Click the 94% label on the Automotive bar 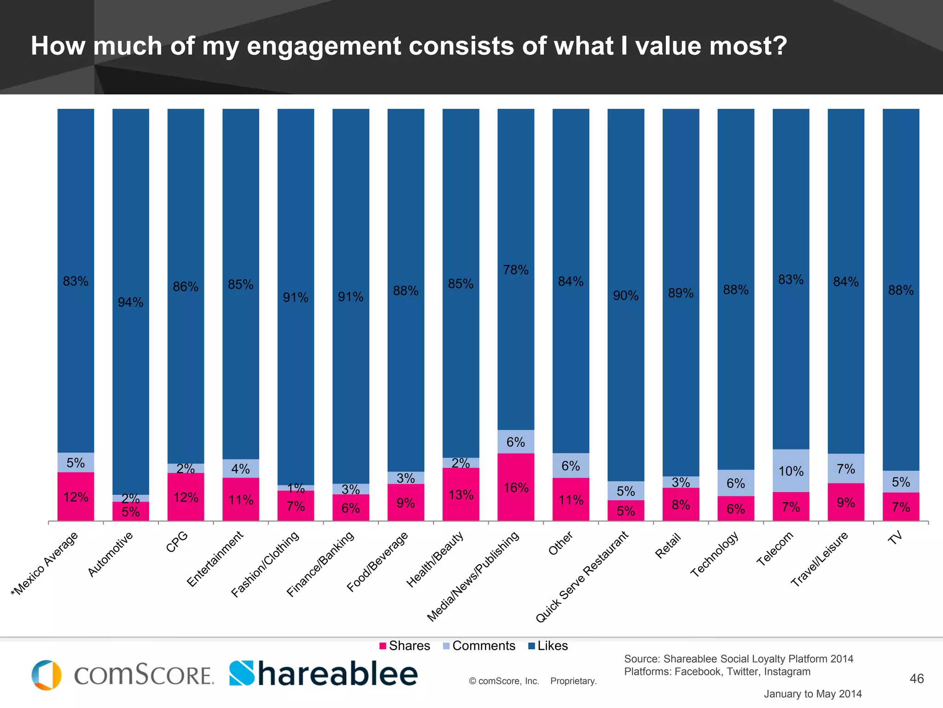(130, 302)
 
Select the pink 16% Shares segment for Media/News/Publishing (516, 487)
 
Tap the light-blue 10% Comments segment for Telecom (791, 471)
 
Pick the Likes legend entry (547, 646)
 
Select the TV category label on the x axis (895, 538)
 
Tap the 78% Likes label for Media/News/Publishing (516, 270)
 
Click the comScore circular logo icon (47, 675)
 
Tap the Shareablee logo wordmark (323, 674)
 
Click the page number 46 (916, 678)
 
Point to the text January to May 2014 (813, 694)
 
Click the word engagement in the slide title (324, 46)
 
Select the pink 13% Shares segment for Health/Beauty (460, 495)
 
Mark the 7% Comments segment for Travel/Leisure (845, 469)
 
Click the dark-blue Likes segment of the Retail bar (681, 292)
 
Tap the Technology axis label (714, 554)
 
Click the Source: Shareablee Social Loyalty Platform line (739, 659)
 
